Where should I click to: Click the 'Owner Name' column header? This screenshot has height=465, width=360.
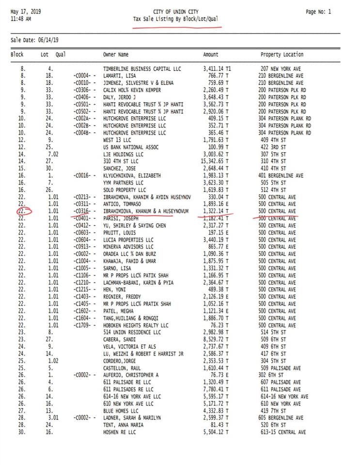115,55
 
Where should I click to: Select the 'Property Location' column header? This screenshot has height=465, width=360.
282,55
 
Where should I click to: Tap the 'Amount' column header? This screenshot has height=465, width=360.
210,55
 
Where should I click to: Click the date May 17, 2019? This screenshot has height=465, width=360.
25,12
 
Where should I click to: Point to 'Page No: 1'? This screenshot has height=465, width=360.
318,12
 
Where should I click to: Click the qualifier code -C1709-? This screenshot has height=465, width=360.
84,325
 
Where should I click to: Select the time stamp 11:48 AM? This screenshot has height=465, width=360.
21,19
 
